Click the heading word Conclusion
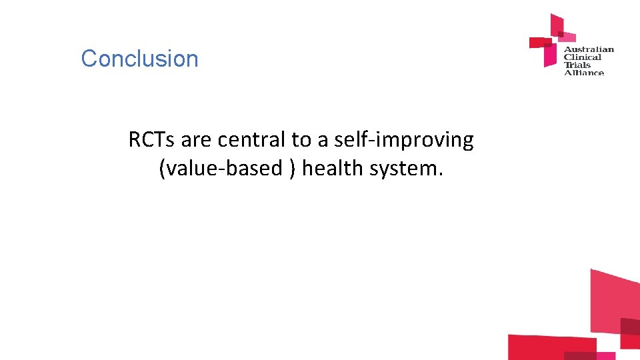pyautogui.click(x=139, y=59)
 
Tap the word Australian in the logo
pyautogui.click(x=589, y=49)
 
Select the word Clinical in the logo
pyautogui.click(x=583, y=57)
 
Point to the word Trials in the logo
pyautogui.click(x=577, y=65)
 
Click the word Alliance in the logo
pyautogui.click(x=584, y=72)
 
